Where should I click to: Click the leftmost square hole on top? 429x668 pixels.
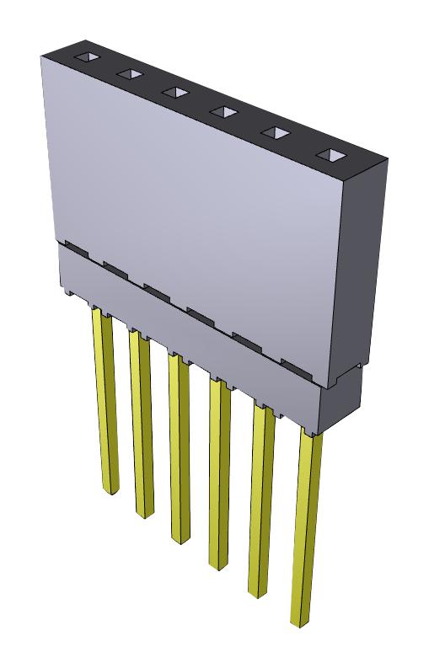(86, 58)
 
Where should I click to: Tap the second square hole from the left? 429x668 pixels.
(129, 74)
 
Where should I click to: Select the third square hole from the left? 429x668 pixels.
(174, 91)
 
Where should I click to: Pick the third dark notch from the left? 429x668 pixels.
(158, 291)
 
